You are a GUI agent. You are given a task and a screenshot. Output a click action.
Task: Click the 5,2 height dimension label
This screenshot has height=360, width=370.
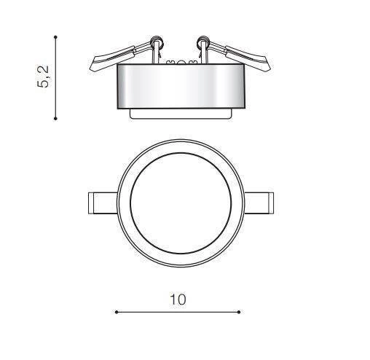click(x=43, y=77)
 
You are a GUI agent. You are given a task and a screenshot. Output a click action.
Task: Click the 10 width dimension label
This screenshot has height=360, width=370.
click(x=178, y=300)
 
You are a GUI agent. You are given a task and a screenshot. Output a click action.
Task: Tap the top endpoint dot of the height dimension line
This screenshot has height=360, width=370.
click(x=55, y=37)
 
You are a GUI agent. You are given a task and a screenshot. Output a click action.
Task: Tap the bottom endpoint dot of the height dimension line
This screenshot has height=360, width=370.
click(x=55, y=119)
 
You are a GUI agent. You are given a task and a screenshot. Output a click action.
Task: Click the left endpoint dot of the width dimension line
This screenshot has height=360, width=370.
click(x=117, y=312)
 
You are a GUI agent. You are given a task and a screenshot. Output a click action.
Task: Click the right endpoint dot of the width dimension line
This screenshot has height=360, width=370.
click(x=239, y=312)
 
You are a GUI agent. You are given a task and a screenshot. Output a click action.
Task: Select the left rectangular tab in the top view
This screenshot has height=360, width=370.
click(x=103, y=203)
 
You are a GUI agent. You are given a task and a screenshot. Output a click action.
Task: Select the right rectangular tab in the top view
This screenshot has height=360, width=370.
click(x=259, y=203)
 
